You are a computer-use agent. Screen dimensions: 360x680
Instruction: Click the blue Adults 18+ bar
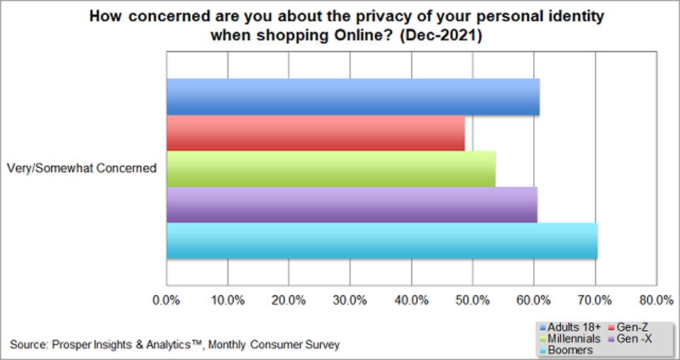pos(352,97)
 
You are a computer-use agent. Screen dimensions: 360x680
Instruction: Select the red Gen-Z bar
pos(316,133)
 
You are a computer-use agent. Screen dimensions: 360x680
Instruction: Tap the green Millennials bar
pos(330,169)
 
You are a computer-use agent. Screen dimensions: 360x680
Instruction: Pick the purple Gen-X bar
pos(352,205)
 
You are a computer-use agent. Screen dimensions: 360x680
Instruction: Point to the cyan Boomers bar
pos(381,241)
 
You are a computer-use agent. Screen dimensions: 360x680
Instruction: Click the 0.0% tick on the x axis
pos(167,300)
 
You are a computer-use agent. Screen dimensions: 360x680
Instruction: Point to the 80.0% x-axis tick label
pos(656,300)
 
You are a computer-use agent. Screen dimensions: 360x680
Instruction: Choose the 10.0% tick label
pos(228,300)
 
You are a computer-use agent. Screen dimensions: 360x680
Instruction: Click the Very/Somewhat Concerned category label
pos(81,169)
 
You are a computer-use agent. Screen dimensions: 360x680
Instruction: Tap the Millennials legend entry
pos(573,339)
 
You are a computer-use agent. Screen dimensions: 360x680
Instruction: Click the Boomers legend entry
pos(569,349)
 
